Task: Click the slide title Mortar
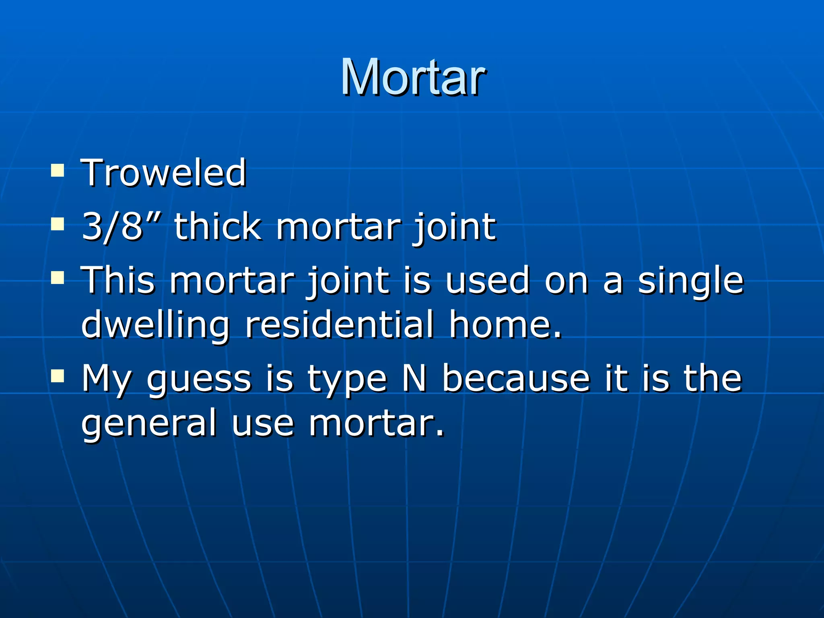(413, 77)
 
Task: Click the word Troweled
(164, 173)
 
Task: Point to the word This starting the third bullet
(118, 280)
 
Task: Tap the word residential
(340, 324)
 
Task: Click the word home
(505, 324)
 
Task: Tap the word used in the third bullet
(487, 280)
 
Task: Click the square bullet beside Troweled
(58, 171)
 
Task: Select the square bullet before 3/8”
(58, 224)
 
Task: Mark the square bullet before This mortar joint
(58, 277)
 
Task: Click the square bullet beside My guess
(58, 376)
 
